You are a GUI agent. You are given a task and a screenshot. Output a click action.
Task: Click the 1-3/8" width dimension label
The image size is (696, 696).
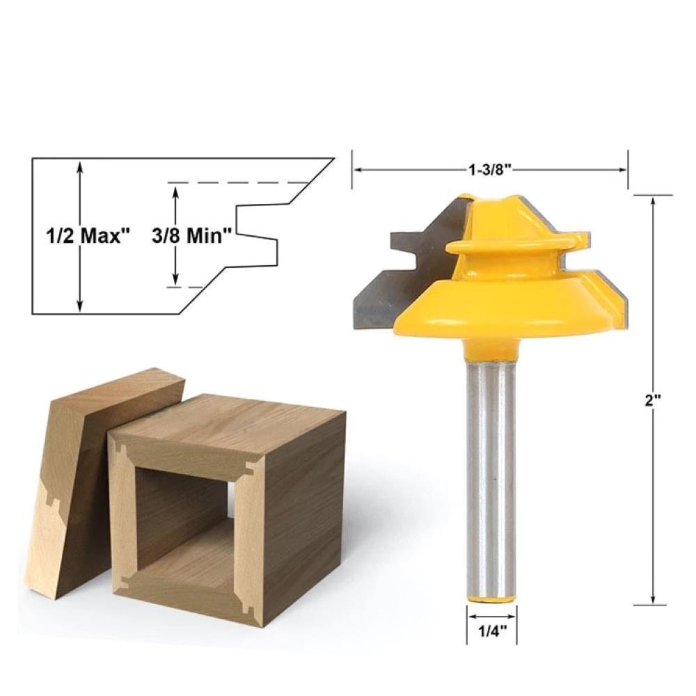click(x=490, y=169)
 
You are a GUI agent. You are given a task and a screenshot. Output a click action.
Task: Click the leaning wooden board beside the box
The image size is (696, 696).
click(x=77, y=487)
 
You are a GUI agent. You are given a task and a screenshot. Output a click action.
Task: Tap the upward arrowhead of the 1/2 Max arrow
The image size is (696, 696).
click(x=81, y=166)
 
